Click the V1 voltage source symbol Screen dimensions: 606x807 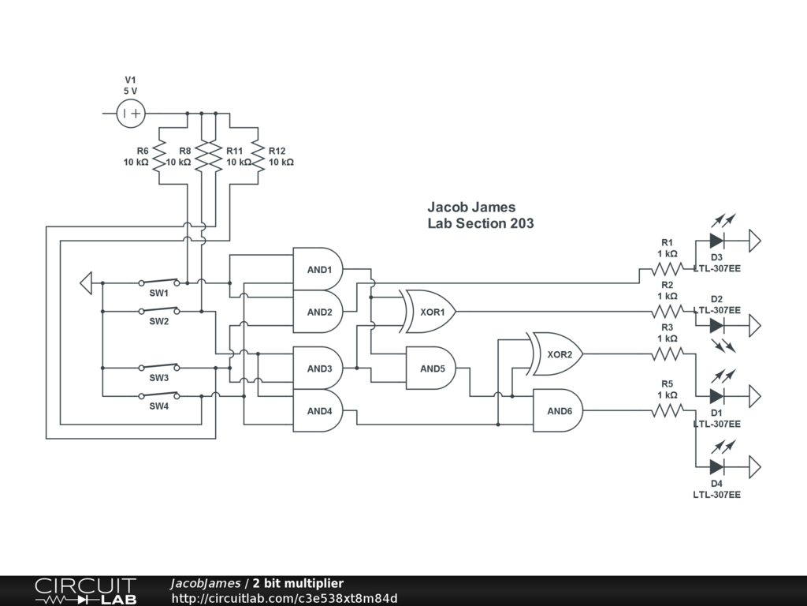[x=131, y=114]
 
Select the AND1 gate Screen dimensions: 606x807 [x=318, y=270]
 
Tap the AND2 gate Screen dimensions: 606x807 [x=318, y=312]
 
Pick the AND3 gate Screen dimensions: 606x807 [x=318, y=368]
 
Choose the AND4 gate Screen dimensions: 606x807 [x=318, y=410]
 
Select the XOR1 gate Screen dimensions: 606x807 [x=430, y=312]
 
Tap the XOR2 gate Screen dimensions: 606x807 [x=558, y=354]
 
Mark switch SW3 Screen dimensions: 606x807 [x=158, y=367]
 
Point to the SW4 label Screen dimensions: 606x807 [x=159, y=406]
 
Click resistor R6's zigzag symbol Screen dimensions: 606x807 [x=159, y=155]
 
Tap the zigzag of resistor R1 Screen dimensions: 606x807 [x=667, y=269]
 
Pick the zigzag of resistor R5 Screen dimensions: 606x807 [x=667, y=410]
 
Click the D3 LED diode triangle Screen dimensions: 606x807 [x=716, y=240]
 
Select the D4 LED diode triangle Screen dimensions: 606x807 [x=716, y=466]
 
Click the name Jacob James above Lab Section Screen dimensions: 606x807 [x=471, y=208]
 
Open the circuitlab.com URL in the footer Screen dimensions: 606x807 [x=284, y=598]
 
